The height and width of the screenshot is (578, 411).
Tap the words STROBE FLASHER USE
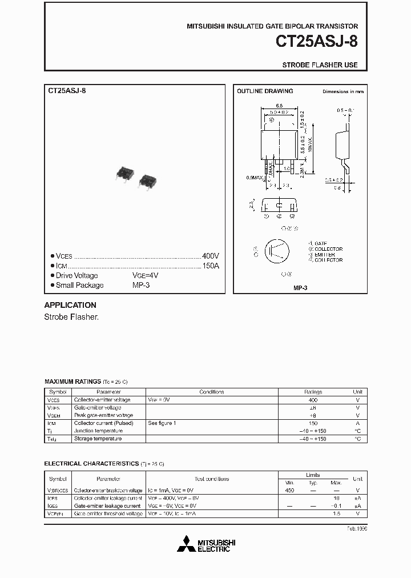coord(320,65)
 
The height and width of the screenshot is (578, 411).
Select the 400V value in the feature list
coord(210,256)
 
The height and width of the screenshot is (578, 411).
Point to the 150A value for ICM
coord(210,266)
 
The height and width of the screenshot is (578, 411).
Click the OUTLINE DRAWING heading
coord(265,91)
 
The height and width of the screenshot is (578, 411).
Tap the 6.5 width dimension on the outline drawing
coord(279,106)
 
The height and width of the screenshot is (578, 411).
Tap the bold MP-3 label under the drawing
coord(300,288)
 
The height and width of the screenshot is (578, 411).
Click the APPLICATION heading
coord(70,305)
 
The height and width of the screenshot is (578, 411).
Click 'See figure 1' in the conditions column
coord(162,423)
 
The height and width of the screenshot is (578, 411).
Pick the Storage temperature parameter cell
coord(98,439)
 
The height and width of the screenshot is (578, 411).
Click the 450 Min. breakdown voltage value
coord(289,491)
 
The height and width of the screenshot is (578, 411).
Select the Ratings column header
coord(313,392)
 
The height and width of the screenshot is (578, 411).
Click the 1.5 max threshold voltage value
coord(336,514)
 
